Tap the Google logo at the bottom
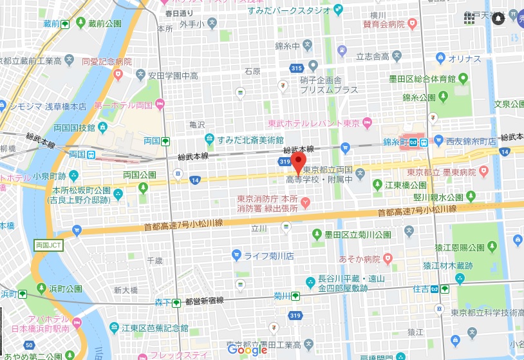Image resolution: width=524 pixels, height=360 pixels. pyautogui.click(x=247, y=350)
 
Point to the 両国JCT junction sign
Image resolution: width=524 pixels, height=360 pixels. pyautogui.click(x=46, y=245)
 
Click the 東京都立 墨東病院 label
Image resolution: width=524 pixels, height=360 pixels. pyautogui.click(x=441, y=172)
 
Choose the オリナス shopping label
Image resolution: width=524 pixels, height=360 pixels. pyautogui.click(x=465, y=59)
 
